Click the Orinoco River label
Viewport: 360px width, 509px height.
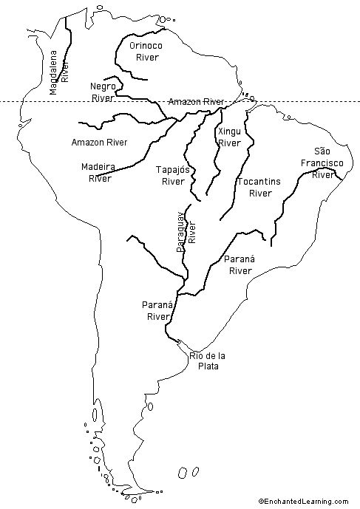coord(146,50)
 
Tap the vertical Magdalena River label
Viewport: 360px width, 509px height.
coord(59,72)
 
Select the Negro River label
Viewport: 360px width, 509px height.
coord(102,92)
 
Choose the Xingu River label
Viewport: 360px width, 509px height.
coord(229,137)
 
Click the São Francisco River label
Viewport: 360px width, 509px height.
coord(321,163)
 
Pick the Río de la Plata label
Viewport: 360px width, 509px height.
coord(208,361)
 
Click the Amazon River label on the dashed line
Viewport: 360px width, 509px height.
coord(196,101)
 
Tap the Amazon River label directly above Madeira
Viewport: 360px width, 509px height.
coord(99,141)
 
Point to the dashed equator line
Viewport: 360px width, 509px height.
coord(44,102)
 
